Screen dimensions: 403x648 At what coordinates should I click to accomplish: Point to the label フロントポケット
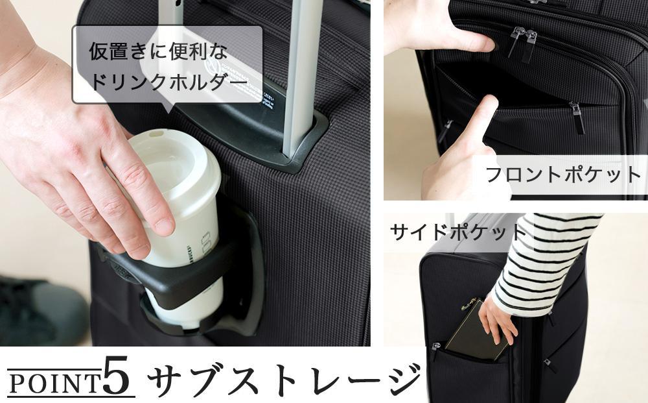coord(562,175)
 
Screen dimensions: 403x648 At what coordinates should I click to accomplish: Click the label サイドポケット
coord(457,232)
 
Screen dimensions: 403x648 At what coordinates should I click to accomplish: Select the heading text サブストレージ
coord(285,379)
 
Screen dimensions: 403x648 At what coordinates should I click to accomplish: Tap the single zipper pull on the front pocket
coord(577,117)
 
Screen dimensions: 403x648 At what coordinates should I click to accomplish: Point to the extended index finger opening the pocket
coord(476,123)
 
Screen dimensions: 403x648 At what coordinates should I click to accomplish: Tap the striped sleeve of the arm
coord(544,260)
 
